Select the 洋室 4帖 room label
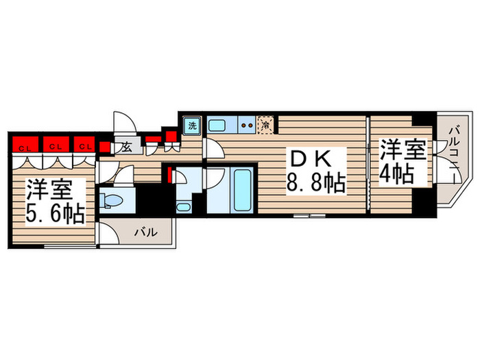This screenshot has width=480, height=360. click(398, 162)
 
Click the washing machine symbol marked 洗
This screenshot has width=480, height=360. click(192, 125)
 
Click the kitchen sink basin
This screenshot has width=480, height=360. click(218, 125)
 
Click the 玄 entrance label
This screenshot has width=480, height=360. click(126, 146)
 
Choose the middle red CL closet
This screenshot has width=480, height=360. click(54, 145)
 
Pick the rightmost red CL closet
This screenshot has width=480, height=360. click(84, 145)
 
